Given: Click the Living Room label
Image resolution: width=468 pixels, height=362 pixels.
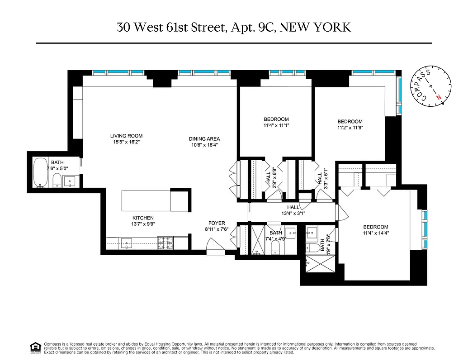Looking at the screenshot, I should [126, 136].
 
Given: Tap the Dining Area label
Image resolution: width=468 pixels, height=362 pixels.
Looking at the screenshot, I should [204, 139].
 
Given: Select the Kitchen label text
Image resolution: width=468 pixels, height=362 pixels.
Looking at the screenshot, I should [142, 218].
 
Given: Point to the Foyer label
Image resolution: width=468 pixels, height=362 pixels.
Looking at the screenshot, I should [217, 223].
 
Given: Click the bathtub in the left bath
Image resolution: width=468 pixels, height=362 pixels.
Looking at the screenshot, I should [42, 172].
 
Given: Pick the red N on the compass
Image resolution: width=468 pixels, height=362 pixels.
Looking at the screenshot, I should [438, 96].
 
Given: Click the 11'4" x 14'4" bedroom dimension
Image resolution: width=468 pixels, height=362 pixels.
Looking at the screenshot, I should [376, 233].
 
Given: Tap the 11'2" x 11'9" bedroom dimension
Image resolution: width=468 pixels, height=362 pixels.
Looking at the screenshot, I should [350, 128].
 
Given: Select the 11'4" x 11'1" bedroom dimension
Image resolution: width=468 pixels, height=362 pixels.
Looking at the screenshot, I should [276, 125].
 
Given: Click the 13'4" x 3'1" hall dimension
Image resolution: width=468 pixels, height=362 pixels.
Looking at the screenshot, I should [290, 214].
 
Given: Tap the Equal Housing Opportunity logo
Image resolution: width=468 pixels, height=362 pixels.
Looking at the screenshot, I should [34, 347].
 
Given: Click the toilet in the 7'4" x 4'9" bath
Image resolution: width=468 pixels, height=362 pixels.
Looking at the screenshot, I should [275, 247].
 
